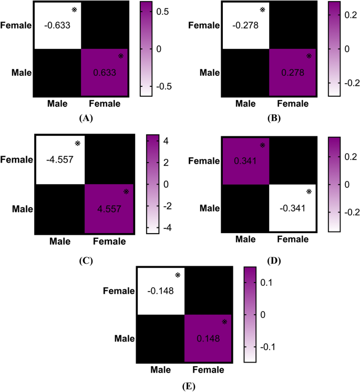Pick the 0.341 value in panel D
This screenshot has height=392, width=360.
click(245, 160)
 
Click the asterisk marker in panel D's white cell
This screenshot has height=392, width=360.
click(308, 192)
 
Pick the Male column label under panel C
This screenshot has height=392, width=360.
click(60, 242)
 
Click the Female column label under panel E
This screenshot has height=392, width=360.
click(208, 371)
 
